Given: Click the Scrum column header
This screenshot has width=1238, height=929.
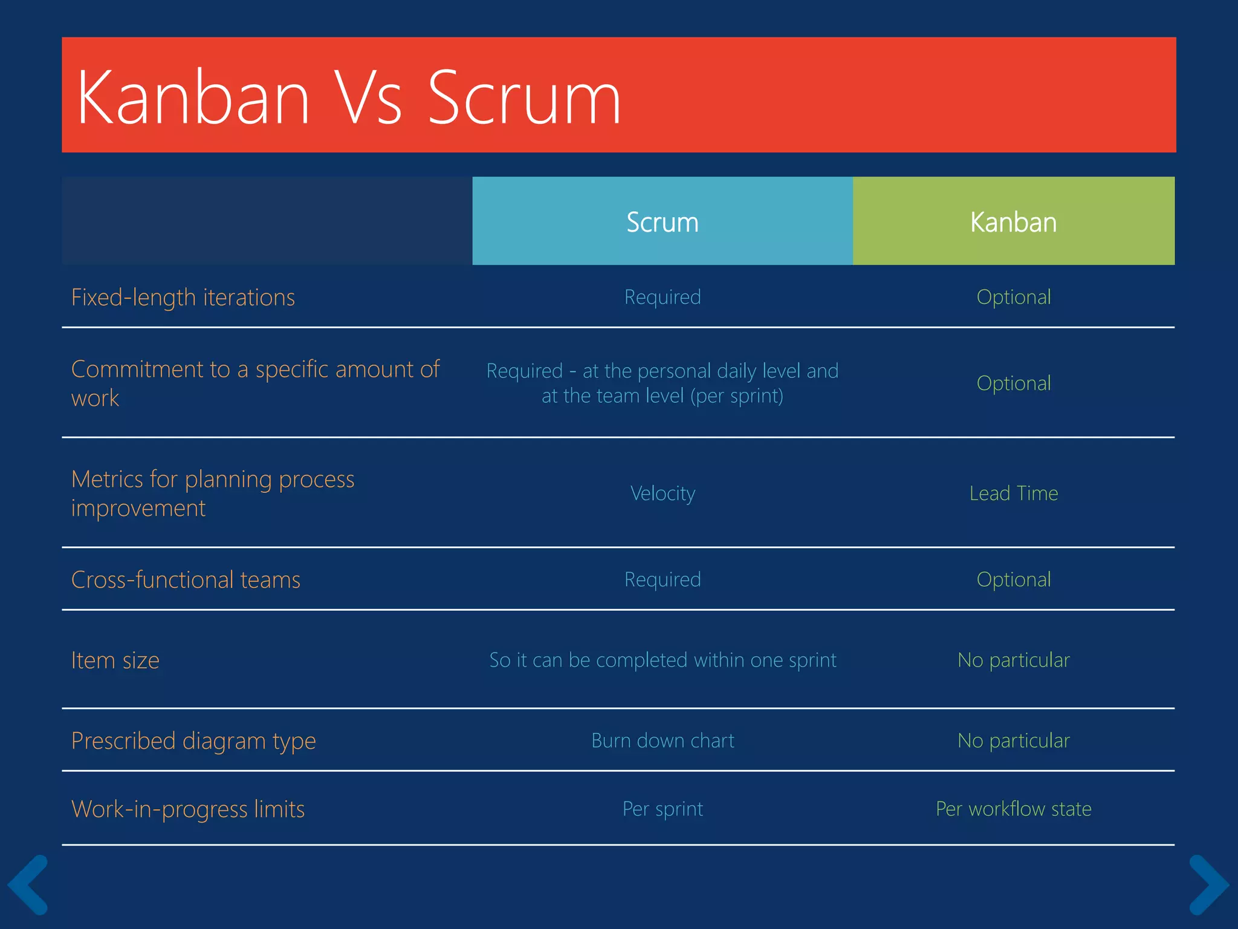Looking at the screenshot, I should click(662, 221).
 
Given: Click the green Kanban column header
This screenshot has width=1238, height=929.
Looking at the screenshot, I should click(1013, 221).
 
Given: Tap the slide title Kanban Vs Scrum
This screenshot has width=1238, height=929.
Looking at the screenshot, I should click(348, 97).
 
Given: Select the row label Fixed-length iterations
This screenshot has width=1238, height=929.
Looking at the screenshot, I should click(183, 298).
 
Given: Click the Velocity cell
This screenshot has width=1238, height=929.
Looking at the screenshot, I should click(663, 494).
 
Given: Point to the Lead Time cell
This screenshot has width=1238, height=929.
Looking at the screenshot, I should click(1013, 494).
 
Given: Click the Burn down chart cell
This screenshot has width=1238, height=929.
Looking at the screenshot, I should click(663, 740).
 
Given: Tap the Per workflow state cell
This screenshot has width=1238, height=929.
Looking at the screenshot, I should click(1013, 809).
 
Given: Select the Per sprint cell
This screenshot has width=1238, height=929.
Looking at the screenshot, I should click(663, 809).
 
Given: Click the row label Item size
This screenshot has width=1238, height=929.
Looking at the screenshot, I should click(115, 660).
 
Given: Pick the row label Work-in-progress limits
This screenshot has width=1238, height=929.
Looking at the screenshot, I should click(188, 809).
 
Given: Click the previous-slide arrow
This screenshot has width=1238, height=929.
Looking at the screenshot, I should click(28, 884).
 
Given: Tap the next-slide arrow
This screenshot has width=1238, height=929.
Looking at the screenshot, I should click(1208, 884).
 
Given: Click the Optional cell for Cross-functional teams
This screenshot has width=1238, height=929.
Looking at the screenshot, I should click(1013, 579).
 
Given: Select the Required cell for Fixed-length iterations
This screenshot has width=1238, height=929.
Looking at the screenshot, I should click(663, 297).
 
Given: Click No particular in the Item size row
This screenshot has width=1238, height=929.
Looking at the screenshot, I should click(1013, 660).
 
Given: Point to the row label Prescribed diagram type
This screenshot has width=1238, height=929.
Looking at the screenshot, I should click(193, 741).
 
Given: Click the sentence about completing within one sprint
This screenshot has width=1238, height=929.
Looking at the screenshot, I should click(663, 660).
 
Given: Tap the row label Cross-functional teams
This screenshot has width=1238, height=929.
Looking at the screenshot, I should click(186, 580).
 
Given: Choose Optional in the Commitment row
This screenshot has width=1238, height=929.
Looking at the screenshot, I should click(1013, 383).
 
